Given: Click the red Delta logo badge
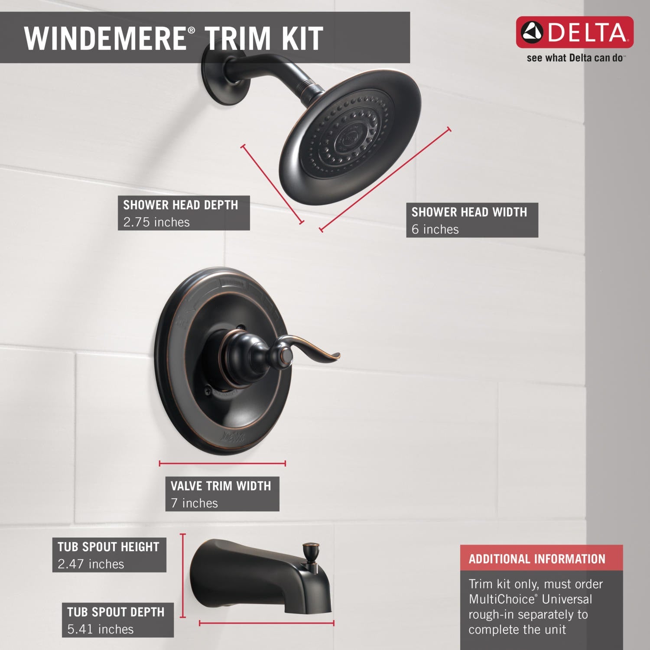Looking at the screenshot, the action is coord(574,32).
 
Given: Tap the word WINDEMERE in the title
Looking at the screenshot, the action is coord(105,38).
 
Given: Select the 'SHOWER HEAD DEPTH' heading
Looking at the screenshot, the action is coord(181,205).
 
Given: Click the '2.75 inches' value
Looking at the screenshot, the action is coord(156,222).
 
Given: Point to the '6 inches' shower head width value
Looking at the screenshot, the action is coord(435,229).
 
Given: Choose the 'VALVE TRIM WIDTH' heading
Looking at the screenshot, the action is coord(221,486).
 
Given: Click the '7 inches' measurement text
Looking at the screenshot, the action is coord(194,503).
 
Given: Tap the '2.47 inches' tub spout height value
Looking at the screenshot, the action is coord(91,564).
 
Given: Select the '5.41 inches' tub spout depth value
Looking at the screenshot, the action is coord(101,629).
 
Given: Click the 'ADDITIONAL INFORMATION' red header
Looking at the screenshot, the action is coord(537,559).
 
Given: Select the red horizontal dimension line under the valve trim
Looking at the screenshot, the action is coord(222,464).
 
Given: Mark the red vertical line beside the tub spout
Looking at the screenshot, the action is coord(183,575).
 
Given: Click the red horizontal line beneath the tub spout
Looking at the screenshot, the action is coord(266,624).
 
